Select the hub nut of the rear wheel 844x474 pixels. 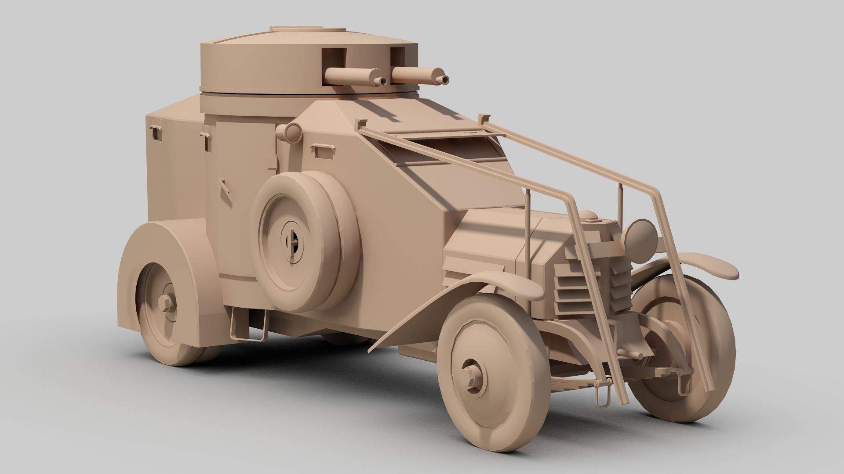(x=166, y=303)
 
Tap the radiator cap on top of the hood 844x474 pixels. (x=588, y=215)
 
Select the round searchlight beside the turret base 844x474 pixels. (x=291, y=132)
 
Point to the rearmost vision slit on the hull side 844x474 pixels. (x=156, y=132)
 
